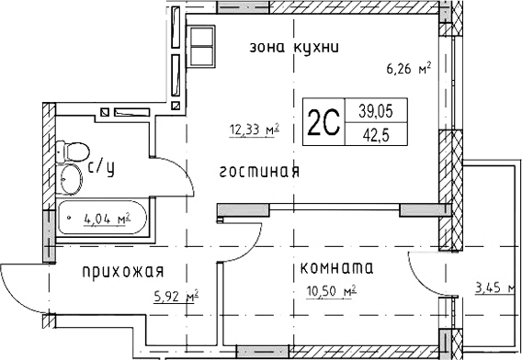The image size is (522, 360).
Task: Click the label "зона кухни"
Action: pyautogui.click(x=289, y=48)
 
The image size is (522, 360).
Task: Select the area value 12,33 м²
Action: pyautogui.click(x=254, y=130)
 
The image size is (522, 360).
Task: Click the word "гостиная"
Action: pyautogui.click(x=260, y=171)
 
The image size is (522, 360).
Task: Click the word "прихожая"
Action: pyautogui.click(x=122, y=270)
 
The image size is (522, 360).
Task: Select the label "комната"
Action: pyautogui.click(x=335, y=268)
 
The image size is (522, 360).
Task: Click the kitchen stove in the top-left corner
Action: pyautogui.click(x=201, y=40)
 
